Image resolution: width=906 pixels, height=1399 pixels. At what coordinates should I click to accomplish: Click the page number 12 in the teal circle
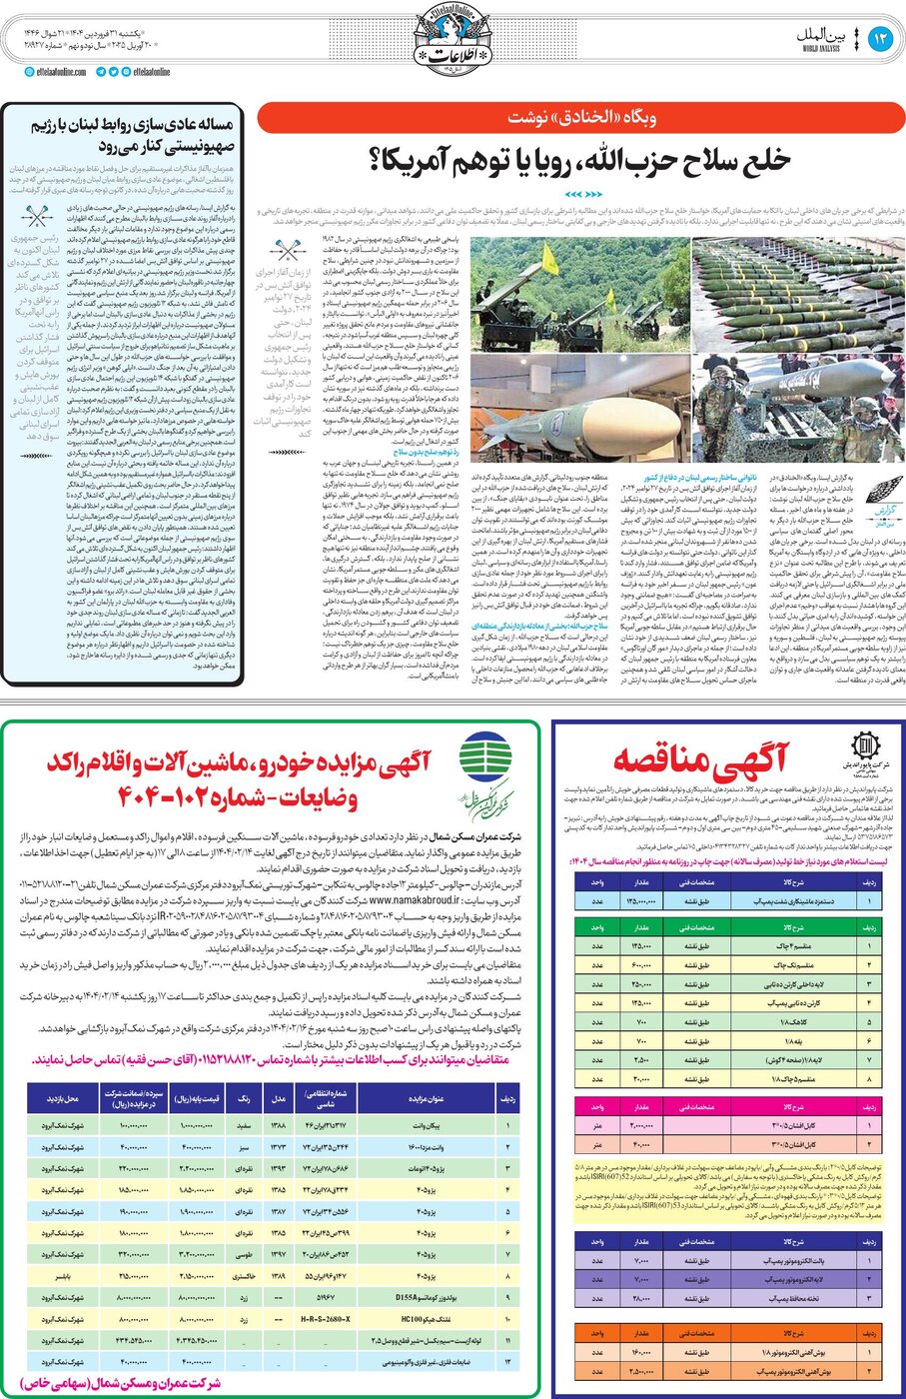pos(880,39)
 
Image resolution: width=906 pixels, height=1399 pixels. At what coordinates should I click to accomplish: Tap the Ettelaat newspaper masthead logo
pos(453,40)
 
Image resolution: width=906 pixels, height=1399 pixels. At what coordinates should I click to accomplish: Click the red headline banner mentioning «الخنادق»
pos(580,118)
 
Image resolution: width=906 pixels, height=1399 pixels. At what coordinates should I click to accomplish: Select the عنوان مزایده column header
pos(426,1098)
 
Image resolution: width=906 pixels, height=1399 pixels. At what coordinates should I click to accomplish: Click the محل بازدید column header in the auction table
pos(62,1098)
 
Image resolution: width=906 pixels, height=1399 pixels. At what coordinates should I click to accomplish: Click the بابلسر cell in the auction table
pos(62,1276)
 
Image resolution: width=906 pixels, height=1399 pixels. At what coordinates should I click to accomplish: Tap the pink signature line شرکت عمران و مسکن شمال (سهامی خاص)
pos(118,1383)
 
